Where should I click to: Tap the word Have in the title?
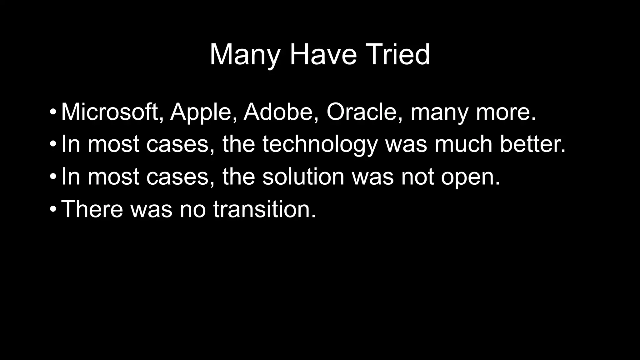[323, 55]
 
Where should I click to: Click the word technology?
[320, 145]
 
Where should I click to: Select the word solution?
[303, 177]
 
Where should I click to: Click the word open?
[470, 178]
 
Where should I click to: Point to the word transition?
[264, 209]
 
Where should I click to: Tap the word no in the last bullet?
[193, 210]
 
